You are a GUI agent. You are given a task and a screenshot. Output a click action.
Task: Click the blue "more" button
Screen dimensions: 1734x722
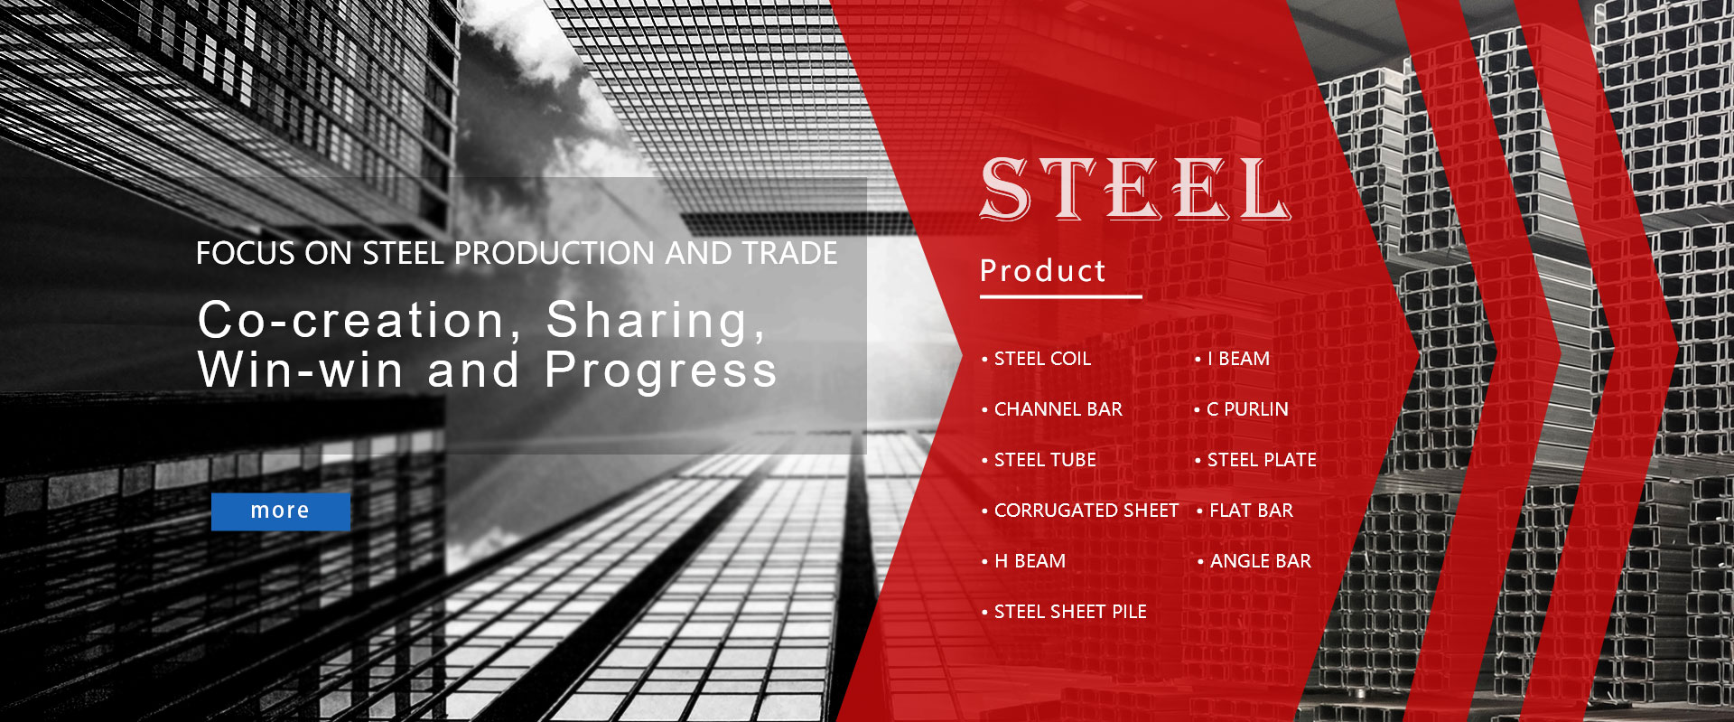point(281,511)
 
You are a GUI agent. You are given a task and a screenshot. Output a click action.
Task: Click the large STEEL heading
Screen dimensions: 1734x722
point(1135,189)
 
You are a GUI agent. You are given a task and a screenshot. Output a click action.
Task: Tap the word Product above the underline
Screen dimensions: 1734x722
point(1043,270)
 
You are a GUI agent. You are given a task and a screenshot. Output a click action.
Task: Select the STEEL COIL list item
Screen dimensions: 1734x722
point(1042,359)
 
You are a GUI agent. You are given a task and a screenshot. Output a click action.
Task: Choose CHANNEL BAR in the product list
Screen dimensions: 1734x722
point(1058,409)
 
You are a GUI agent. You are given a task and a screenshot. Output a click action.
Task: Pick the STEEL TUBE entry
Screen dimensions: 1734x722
point(1045,460)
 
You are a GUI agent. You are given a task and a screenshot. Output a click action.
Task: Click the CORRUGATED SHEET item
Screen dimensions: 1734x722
point(1086,511)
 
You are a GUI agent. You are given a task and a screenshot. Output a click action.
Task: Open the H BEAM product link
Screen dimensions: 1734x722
point(1030,561)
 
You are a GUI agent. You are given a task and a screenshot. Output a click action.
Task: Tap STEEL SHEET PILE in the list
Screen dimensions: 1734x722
point(1070,612)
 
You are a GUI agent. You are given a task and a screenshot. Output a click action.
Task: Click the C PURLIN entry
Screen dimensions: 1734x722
point(1247,409)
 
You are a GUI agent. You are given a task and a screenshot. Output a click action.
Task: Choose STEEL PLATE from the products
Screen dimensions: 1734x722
point(1262,460)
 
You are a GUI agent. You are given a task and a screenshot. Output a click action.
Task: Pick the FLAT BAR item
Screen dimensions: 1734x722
point(1251,511)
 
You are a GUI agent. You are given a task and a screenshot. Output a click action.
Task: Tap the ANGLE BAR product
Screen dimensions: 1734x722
point(1261,561)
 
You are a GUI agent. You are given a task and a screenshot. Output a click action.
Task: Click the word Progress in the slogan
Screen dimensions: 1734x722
point(660,370)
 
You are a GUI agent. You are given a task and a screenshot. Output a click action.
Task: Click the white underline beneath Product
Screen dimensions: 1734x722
point(1061,295)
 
